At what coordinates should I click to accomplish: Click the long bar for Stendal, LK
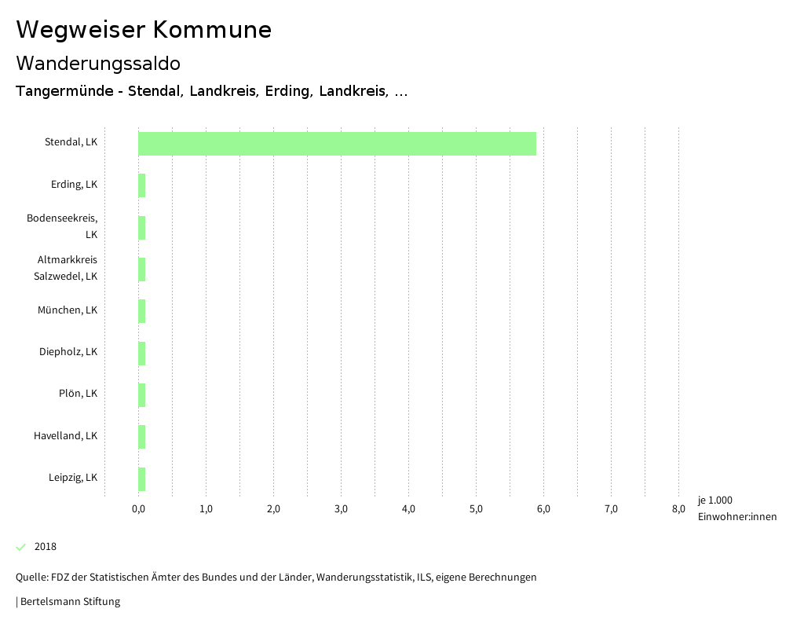pos(337,144)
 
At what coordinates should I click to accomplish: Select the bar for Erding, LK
pos(142,185)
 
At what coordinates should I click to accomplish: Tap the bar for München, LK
pos(142,311)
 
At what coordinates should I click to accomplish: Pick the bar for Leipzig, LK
pos(142,478)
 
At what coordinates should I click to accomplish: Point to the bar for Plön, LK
pos(142,394)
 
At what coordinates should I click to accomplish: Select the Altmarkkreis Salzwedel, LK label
pos(68,268)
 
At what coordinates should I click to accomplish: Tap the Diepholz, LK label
pos(68,352)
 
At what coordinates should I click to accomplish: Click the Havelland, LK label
pos(65,435)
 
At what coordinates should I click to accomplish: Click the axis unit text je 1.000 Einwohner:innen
pos(736,508)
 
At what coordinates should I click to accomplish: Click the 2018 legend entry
pos(46,547)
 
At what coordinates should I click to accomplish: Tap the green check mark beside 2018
pos(21,547)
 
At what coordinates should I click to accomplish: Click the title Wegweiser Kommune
pos(144,30)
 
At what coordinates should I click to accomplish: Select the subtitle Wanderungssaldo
pos(98,63)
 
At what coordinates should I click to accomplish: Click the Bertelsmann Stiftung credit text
pos(69,602)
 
